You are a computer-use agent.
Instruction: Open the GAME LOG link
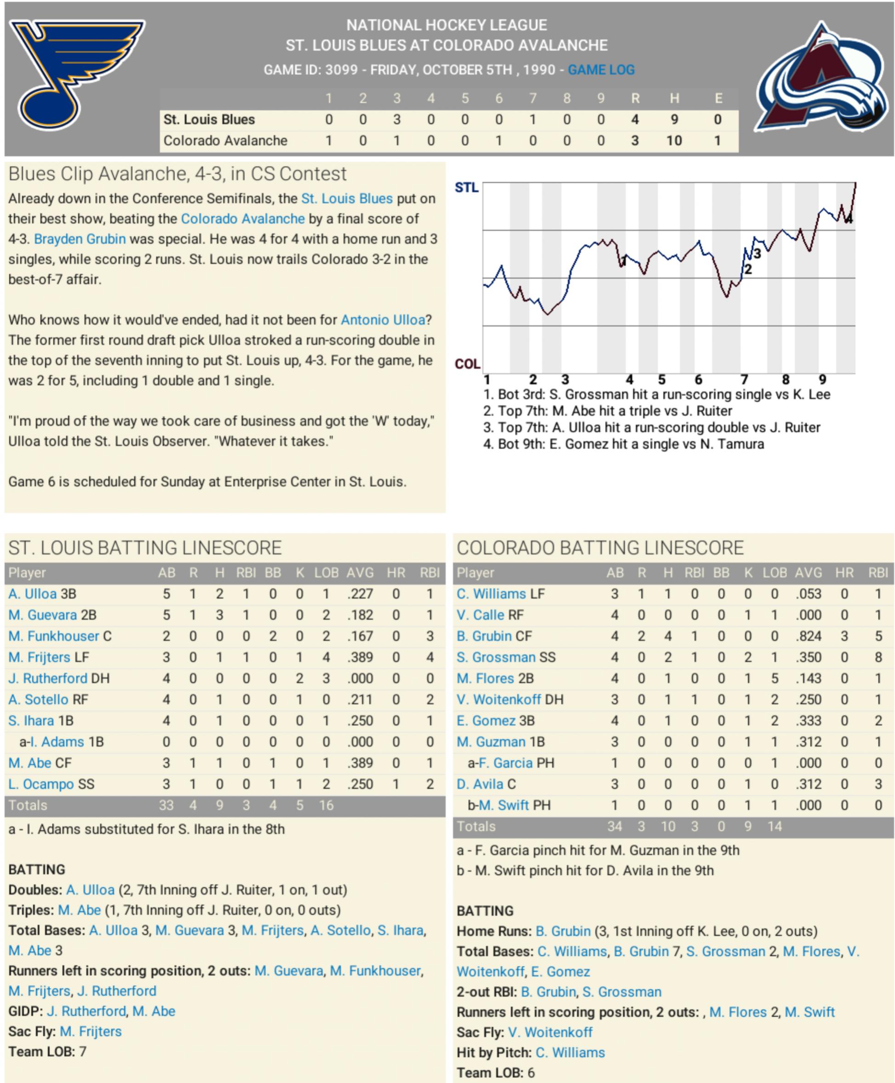[601, 69]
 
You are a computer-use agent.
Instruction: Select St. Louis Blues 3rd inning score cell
[396, 120]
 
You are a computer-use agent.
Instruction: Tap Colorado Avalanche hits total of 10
[674, 141]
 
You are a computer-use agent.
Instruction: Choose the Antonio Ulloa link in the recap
[382, 320]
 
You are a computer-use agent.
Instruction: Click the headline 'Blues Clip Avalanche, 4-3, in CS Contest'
[177, 174]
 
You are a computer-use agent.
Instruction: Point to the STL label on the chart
[466, 188]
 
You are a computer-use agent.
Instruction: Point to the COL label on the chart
[467, 364]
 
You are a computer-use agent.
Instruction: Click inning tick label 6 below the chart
[698, 380]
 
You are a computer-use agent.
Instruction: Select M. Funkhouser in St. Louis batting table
[54, 636]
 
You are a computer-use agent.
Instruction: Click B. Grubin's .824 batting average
[808, 636]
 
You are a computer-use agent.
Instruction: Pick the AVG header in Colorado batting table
[808, 573]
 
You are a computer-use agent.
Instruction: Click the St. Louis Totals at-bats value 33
[166, 805]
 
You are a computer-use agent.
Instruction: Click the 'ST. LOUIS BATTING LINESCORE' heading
[145, 548]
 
